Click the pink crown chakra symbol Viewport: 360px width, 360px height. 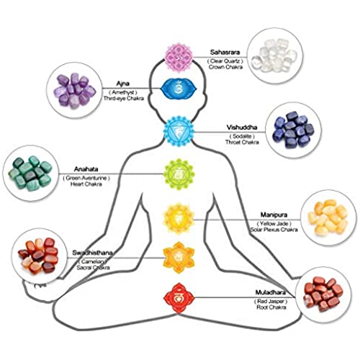click(179, 58)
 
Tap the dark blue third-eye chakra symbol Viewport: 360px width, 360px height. click(179, 89)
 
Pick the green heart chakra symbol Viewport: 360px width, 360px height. click(179, 174)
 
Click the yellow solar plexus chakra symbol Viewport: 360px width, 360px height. click(179, 219)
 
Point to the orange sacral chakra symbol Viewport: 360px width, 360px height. click(179, 258)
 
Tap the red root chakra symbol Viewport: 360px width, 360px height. click(179, 298)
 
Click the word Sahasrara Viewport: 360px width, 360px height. click(225, 52)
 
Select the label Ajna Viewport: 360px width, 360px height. click(123, 84)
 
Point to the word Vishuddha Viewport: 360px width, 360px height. click(242, 127)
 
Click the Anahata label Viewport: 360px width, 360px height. click(86, 169)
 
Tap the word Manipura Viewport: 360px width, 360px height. click(274, 215)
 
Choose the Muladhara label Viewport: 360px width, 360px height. click(271, 292)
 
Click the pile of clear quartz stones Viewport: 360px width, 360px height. click(274, 55)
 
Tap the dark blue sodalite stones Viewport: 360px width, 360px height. click(294, 130)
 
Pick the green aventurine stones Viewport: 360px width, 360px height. click(30, 173)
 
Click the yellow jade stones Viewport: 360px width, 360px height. click(328, 218)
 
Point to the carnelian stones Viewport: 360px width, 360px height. click(38, 256)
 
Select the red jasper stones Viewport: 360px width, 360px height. click(323, 294)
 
